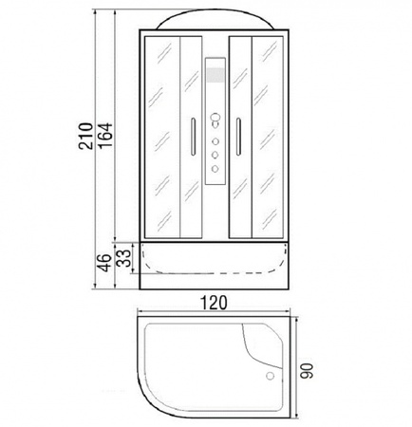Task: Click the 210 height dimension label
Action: tap(85, 136)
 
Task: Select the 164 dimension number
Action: tap(105, 135)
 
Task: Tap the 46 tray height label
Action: tap(104, 263)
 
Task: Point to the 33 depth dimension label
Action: tap(123, 258)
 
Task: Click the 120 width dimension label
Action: tap(215, 303)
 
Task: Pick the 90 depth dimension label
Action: tap(307, 370)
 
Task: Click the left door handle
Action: tap(193, 137)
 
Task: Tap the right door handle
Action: tap(238, 137)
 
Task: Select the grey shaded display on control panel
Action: tap(215, 75)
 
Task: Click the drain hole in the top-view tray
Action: tap(270, 376)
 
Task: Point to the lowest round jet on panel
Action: tap(215, 169)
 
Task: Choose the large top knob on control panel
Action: tap(215, 119)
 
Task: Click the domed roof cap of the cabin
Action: tap(215, 19)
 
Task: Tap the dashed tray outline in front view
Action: tap(215, 272)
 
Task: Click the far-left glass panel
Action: tap(162, 137)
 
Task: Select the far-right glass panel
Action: tap(268, 137)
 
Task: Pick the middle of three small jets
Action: tap(215, 155)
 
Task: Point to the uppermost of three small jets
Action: tap(215, 141)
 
